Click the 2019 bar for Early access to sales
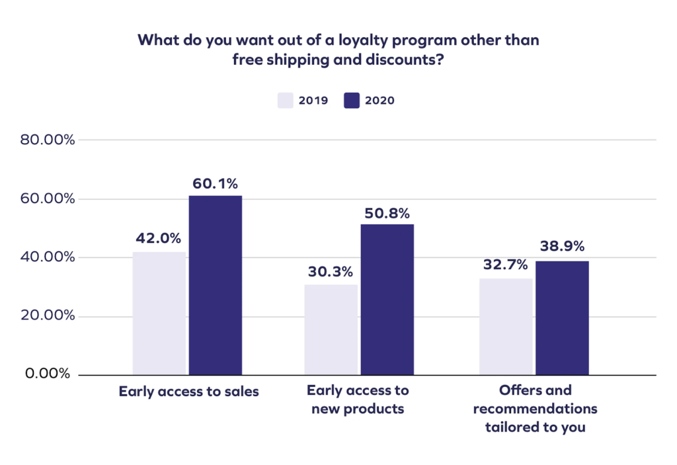pos(159,313)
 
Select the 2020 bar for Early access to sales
pos(216,285)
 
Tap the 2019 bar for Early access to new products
pos(331,329)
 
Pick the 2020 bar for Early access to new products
pos(387,299)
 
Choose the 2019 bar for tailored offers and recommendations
pos(505,326)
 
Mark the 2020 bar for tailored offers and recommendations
pos(562,317)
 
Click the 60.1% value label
pos(215,183)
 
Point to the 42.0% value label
pos(159,239)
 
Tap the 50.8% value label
pos(387,213)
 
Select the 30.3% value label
pos(331,272)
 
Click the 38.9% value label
pos(562,247)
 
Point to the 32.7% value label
pos(505,265)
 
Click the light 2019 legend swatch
pos(285,101)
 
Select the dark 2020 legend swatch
pos(352,101)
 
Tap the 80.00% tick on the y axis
pos(48,140)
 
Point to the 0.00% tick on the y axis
pos(48,374)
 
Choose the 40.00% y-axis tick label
pos(48,257)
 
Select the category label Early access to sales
pos(188,392)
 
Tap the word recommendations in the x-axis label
pos(535,409)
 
